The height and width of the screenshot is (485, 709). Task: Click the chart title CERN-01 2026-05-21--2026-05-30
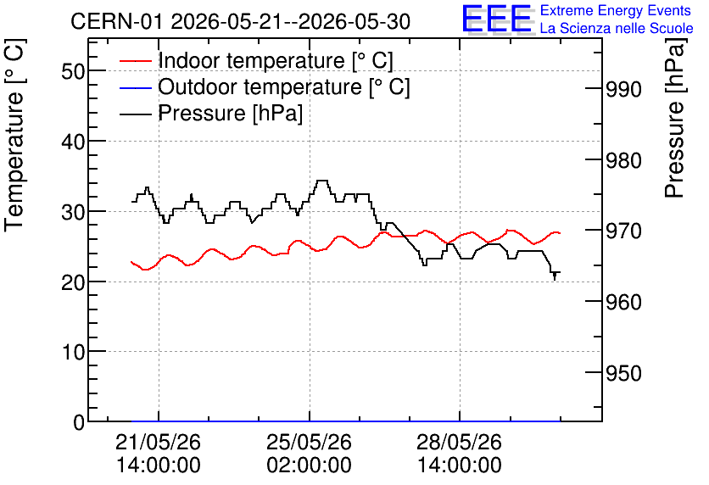(240, 21)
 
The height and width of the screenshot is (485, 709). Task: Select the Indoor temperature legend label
(276, 60)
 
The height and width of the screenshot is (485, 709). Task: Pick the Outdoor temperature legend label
(284, 86)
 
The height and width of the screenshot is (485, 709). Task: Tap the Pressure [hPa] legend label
(230, 113)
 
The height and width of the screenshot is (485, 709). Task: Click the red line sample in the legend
(135, 60)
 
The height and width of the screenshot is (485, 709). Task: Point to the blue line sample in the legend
(135, 86)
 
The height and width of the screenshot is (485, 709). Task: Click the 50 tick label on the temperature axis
(73, 71)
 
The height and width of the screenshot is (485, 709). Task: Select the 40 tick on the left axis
(73, 142)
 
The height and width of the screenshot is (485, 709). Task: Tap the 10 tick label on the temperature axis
(73, 352)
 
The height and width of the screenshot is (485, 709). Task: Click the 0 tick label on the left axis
(79, 422)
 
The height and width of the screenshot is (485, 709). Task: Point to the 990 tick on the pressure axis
(623, 90)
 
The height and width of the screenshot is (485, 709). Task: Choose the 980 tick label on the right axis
(623, 160)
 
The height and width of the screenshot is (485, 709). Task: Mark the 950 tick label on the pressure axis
(623, 373)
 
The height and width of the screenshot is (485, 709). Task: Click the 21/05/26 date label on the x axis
(159, 442)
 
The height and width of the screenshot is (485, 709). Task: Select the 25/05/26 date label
(309, 442)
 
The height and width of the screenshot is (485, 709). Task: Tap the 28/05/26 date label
(459, 442)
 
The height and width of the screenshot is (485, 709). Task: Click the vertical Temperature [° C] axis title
(14, 135)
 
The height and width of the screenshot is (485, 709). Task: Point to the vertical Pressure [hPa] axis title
(675, 118)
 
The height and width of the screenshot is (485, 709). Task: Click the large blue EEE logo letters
(497, 19)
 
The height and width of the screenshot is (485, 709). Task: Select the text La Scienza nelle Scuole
(617, 29)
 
